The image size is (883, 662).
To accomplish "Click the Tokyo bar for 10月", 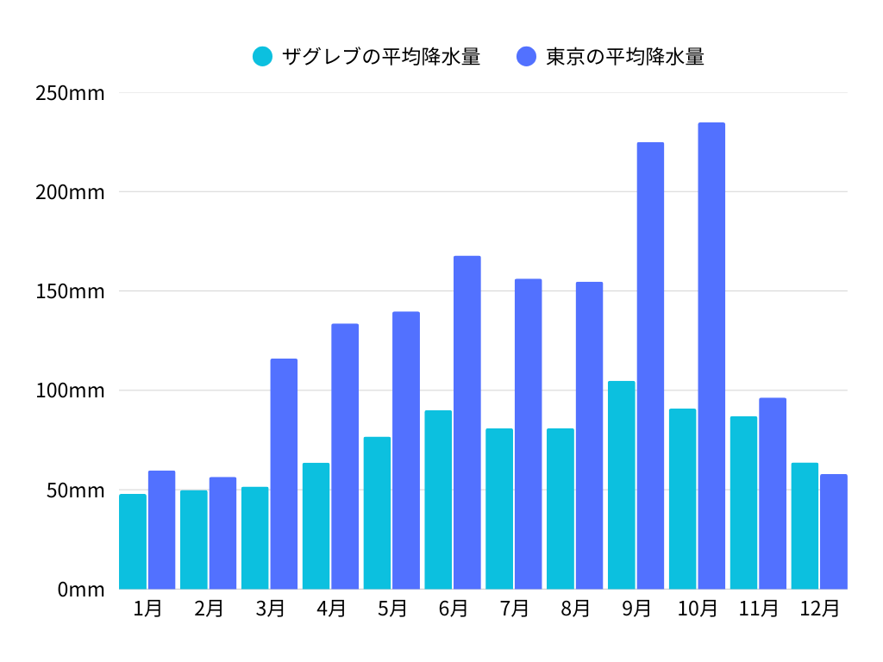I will (711, 356).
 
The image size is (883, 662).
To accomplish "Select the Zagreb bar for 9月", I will (621, 485).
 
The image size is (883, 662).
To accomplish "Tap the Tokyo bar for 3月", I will (284, 474).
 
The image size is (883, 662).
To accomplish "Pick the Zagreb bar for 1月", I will (133, 541).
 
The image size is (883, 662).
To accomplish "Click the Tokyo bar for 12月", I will (834, 532).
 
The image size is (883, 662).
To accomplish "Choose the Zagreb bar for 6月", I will (438, 500).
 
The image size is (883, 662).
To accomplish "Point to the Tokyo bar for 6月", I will (467, 422).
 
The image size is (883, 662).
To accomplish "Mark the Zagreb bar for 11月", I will (743, 503).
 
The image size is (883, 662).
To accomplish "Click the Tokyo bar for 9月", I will (650, 365).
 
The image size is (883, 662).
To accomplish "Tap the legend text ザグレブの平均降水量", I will (380, 57).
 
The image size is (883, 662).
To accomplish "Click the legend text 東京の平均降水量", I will (625, 57).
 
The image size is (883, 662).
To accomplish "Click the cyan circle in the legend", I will (262, 57).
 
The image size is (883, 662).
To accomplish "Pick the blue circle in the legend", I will (526, 57).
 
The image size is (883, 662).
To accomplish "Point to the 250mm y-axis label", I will (70, 93).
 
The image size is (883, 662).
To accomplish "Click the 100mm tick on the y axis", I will (70, 390).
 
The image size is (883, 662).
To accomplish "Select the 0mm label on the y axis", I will (81, 590).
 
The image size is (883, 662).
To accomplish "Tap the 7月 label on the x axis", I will (514, 609).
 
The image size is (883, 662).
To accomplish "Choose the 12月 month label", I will (819, 609).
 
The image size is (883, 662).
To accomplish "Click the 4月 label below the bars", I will (331, 609).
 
